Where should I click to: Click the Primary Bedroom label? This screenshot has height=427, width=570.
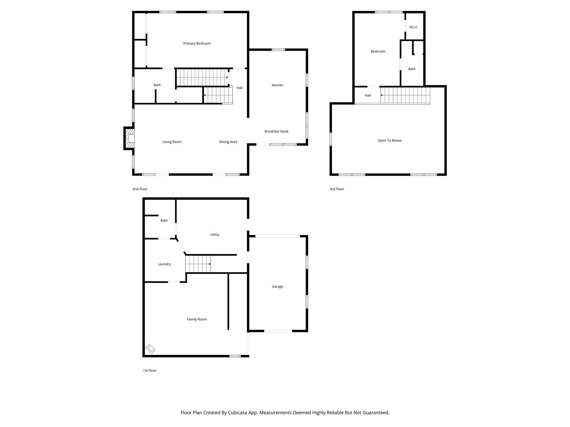pos(197,43)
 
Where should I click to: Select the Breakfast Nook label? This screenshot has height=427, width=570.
pos(276,131)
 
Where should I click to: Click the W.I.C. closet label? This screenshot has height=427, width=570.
pos(414,27)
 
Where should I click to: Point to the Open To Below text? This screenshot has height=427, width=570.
pos(389,140)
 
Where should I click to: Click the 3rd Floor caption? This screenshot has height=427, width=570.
pos(337,189)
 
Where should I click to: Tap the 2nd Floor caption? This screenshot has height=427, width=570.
pos(140,189)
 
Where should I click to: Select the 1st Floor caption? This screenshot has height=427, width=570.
pos(149,370)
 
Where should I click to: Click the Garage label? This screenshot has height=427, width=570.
pos(277,286)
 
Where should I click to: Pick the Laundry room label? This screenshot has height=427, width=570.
pos(164,264)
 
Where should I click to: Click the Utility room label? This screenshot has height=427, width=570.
pos(215,234)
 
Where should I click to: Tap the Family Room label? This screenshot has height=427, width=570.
pos(197,319)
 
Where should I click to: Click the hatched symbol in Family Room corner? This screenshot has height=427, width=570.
pos(150,349)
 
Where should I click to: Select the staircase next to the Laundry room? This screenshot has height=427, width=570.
pos(198,264)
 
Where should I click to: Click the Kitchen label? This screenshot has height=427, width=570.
pos(277,85)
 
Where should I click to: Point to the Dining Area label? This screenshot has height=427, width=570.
pos(228,142)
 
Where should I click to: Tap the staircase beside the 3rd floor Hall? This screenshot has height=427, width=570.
pos(405,95)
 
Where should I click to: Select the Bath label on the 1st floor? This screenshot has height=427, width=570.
pos(164,220)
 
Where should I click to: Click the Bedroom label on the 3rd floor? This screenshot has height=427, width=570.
pos(378,51)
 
